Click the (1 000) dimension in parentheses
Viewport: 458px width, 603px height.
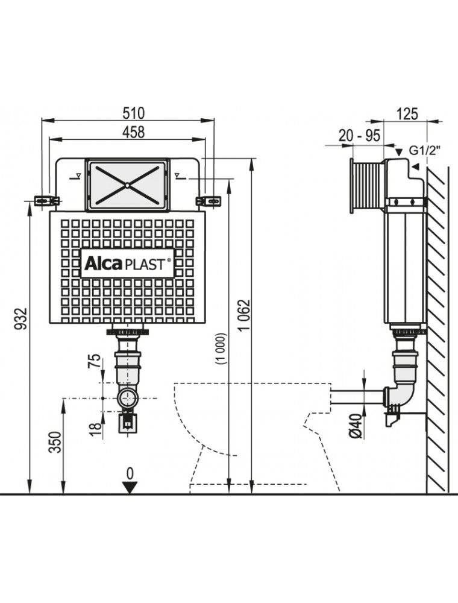click(221, 349)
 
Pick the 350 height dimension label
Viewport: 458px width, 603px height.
click(55, 444)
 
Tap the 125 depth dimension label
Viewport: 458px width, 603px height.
click(408, 113)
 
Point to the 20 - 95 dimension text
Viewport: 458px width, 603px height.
click(359, 136)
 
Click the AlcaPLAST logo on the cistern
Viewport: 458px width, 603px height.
click(127, 263)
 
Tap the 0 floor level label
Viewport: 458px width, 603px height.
click(129, 472)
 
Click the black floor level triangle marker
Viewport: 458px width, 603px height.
click(129, 487)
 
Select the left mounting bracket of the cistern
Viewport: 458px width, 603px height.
click(44, 200)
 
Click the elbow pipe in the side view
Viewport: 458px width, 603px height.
click(400, 392)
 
